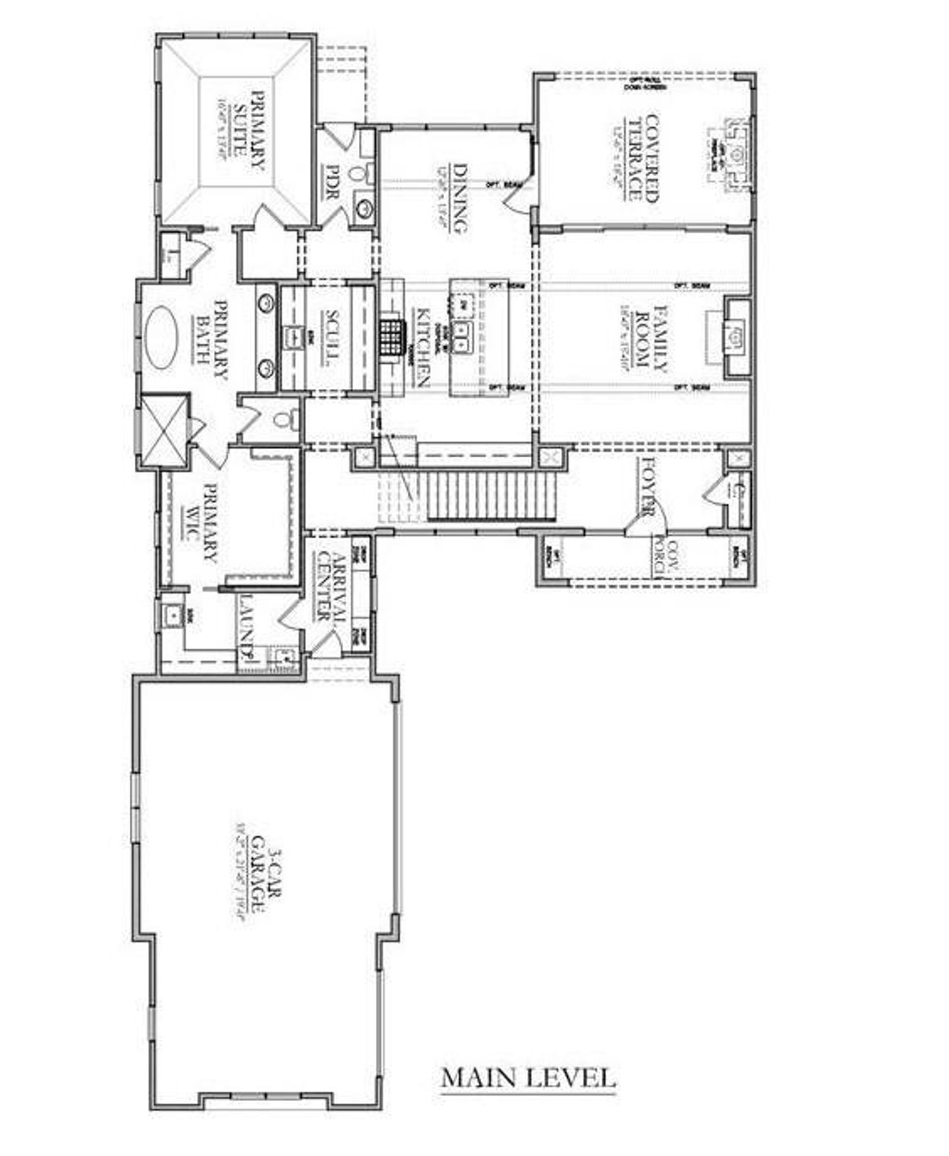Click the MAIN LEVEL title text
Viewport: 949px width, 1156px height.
click(528, 1077)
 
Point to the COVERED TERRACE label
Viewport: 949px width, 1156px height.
click(643, 156)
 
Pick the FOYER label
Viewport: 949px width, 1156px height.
click(647, 488)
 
